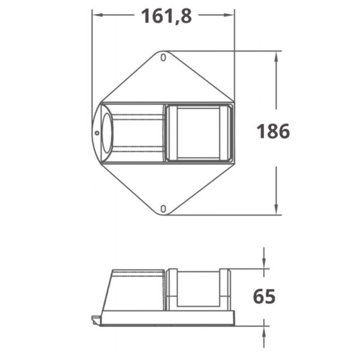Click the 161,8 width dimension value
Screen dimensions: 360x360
tap(166, 16)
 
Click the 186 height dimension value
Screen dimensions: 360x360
tap(273, 131)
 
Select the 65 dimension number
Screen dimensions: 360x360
tap(264, 296)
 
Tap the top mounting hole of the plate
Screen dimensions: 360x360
tap(163, 58)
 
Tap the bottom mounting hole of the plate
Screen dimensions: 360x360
tap(163, 209)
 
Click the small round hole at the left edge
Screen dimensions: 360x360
tap(97, 133)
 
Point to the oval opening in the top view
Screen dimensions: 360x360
tap(107, 133)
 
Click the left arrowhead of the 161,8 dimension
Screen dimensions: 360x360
tap(97, 15)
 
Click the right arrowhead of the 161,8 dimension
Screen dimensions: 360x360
tap(229, 15)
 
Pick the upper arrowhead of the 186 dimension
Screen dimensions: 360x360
tap(276, 56)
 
